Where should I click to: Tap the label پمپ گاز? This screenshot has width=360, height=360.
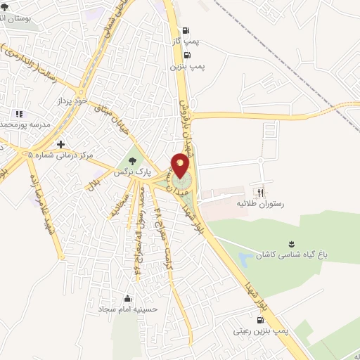tap(186, 42)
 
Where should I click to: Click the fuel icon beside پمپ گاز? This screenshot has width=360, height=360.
tap(186, 31)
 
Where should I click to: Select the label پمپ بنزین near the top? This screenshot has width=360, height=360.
tap(187, 66)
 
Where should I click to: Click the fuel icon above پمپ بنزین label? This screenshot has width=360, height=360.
tap(187, 55)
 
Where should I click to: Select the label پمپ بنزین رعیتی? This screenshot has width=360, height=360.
tap(259, 329)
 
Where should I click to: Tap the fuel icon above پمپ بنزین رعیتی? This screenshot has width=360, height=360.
tap(261, 319)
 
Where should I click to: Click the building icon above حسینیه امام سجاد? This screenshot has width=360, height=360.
tap(127, 297)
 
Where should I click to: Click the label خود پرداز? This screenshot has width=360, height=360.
tap(72, 102)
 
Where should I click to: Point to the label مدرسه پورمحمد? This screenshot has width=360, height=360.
tap(25, 124)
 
